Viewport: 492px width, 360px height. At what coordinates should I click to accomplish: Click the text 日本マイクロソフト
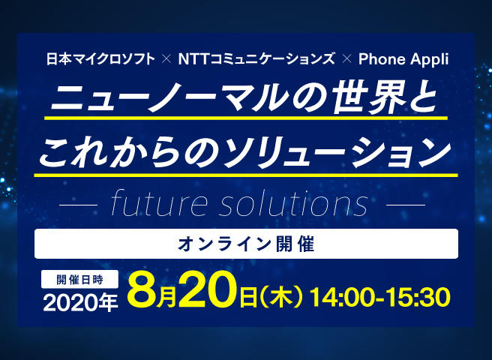click(100, 59)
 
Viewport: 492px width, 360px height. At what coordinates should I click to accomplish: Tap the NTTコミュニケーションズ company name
click(256, 59)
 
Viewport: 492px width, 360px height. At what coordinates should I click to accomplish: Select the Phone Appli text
click(403, 60)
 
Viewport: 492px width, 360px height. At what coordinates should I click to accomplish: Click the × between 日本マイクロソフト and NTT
click(166, 59)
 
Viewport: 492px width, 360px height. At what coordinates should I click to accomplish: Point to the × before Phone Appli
click(346, 59)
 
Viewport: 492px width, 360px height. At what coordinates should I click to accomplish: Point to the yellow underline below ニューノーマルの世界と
click(246, 118)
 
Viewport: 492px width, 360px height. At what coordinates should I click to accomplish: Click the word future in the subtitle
click(159, 203)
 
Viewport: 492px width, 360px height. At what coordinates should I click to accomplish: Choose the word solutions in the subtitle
click(294, 203)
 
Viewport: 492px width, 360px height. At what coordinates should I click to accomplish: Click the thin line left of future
click(78, 205)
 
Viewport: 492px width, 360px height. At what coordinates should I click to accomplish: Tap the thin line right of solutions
click(406, 205)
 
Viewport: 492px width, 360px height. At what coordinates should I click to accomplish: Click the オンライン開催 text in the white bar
click(246, 244)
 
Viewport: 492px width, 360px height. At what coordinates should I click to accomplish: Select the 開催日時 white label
click(79, 279)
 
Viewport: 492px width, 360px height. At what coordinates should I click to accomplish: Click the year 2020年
click(80, 302)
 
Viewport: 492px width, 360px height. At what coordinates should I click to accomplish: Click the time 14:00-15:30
click(380, 297)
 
